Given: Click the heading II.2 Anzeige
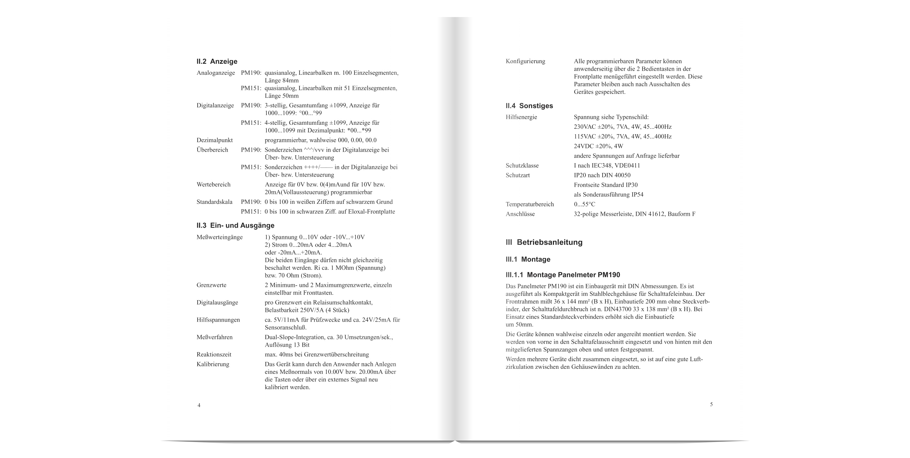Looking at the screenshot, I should (x=217, y=61).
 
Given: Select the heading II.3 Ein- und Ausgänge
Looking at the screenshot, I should (x=235, y=226).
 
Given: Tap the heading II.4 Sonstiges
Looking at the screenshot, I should (x=529, y=106).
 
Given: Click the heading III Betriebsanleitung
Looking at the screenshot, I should (x=544, y=242).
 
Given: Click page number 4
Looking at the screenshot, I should (x=199, y=405).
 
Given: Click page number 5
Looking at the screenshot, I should (x=711, y=404).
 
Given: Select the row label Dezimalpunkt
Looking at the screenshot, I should (x=214, y=140).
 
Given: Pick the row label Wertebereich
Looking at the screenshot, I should (x=213, y=185).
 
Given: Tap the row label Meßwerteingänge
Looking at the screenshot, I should (x=219, y=237).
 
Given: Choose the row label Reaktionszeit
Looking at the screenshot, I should (x=214, y=354).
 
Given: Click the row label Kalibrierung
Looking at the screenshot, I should (x=213, y=364).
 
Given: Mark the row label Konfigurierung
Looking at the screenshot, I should (x=525, y=61).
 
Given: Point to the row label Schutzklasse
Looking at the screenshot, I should (x=522, y=166).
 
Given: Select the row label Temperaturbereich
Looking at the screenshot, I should (x=530, y=205).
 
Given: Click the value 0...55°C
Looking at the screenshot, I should (x=584, y=205).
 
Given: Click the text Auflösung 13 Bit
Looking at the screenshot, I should (x=287, y=345).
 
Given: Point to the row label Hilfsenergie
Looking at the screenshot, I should (x=521, y=117).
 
